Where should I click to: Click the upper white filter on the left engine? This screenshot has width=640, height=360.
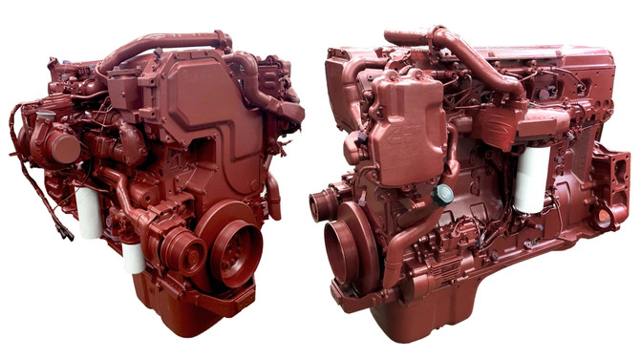[89, 211]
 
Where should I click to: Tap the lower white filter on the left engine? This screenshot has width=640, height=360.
[134, 257]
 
